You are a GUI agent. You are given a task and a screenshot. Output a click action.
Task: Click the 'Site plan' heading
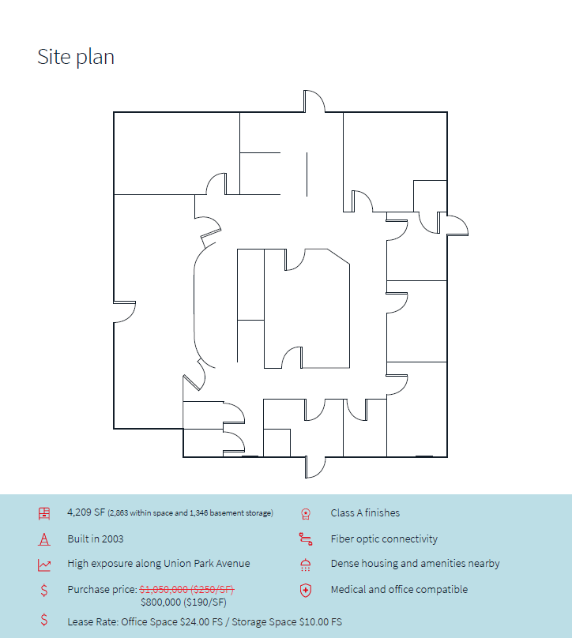[x=76, y=57]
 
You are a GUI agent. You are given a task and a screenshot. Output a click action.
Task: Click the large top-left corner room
[x=176, y=153]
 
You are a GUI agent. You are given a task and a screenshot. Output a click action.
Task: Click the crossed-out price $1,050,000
[x=164, y=589]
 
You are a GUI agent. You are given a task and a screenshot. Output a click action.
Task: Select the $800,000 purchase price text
[x=160, y=602]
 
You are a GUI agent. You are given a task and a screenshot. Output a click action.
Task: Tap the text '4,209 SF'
[x=86, y=512]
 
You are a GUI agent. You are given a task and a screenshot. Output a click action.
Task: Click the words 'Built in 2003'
[x=96, y=539]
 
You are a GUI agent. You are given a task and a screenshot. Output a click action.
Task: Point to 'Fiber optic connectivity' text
[x=384, y=539]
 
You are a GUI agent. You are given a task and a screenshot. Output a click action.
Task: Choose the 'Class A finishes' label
[x=365, y=512]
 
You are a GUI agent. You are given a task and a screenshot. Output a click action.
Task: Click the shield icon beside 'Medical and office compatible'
[x=305, y=591]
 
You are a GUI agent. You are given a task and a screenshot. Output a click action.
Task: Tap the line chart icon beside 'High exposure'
[x=44, y=565]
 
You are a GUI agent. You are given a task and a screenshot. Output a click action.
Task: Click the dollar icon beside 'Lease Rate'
[x=44, y=620]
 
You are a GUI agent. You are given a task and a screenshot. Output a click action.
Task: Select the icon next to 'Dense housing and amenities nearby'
[x=305, y=565]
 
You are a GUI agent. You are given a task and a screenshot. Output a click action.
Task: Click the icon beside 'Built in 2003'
[x=44, y=539]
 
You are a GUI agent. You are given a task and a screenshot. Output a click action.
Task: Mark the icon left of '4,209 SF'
[x=44, y=513]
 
